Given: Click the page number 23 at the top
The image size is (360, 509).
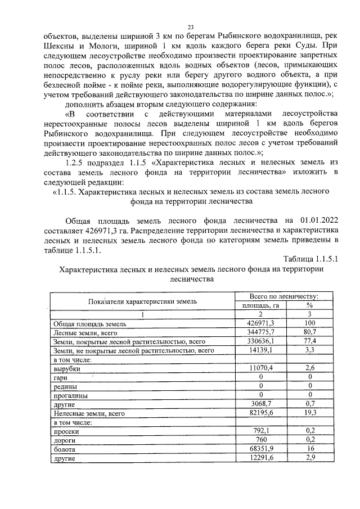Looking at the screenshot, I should tap(191, 26).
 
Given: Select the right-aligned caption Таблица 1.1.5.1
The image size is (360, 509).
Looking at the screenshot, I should tap(310, 259).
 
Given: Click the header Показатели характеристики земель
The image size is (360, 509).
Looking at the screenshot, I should tap(141, 301).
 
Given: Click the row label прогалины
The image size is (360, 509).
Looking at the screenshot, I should tap(69, 395).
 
